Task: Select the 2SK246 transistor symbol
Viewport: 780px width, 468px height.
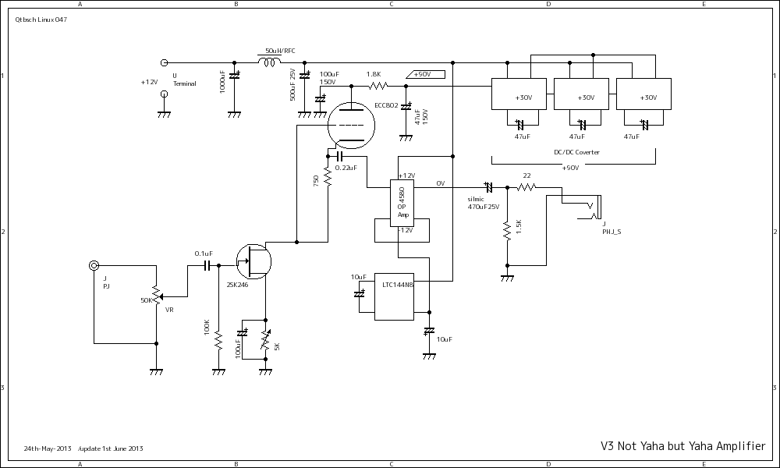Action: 253,261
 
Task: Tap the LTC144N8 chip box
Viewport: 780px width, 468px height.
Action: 394,296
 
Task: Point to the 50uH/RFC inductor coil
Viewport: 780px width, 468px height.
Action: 270,63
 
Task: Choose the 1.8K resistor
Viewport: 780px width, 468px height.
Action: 378,86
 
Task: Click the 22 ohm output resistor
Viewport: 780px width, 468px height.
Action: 527,187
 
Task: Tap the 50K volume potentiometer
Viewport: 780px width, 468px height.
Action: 156,296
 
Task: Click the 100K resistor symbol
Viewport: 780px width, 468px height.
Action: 218,341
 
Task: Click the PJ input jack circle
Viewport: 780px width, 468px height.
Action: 94,266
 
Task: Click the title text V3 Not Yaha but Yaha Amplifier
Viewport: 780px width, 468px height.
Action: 682,446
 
